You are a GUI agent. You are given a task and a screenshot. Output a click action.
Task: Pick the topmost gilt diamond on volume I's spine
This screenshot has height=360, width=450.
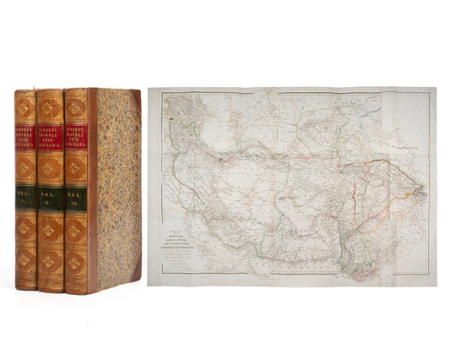coord(26,107)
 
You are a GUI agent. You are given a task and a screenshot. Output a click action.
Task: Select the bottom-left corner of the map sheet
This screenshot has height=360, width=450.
coord(149,285)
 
